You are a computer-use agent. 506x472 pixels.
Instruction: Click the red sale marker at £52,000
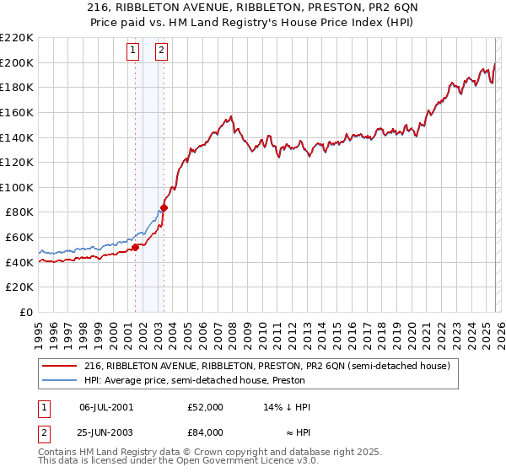tap(135, 247)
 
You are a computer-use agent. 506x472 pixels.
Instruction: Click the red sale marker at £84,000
tap(164, 207)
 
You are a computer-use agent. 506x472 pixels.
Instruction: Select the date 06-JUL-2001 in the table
tap(105, 407)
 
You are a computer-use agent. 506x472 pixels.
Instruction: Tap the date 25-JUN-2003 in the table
tap(105, 432)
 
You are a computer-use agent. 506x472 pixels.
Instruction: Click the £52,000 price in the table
tap(206, 407)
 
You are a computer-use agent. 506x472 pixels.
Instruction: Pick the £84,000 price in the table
tap(206, 432)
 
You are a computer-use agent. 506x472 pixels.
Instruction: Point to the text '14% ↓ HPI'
tap(288, 407)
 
